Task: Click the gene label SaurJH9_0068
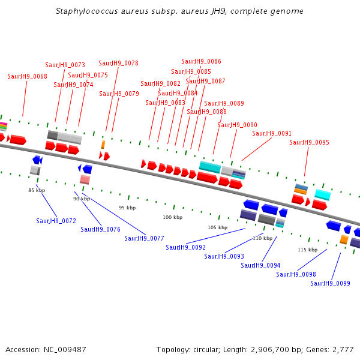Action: [x=28, y=76]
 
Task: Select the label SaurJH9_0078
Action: [x=118, y=63]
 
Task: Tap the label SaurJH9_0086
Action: [x=201, y=61]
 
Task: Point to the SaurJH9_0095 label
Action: [x=309, y=142]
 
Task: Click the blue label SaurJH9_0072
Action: [x=56, y=221]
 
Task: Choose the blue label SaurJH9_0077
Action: [x=144, y=238]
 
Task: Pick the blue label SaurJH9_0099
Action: [x=330, y=283]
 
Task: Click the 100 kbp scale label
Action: [x=173, y=217]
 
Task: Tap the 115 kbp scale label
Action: [x=308, y=250]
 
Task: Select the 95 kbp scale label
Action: [x=127, y=208]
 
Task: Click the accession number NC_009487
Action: [x=65, y=350]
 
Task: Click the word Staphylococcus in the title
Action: [x=87, y=11]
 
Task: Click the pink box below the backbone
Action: [x=85, y=179]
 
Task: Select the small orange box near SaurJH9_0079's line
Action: [x=103, y=145]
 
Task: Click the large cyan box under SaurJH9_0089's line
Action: [x=210, y=167]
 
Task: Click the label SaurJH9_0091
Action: [x=272, y=133]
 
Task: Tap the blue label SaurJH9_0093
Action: [x=224, y=256]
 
